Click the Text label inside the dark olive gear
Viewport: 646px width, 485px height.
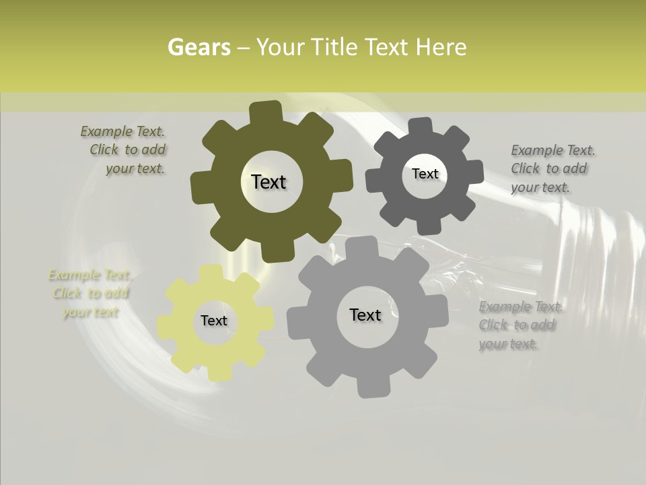coord(268,182)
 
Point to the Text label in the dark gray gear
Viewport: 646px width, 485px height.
coord(425,174)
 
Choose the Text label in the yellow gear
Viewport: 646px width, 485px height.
coord(214,321)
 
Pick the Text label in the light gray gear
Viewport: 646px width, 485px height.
coord(365,315)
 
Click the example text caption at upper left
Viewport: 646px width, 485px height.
coord(127,150)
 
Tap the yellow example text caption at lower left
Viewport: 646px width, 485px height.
coord(90,293)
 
